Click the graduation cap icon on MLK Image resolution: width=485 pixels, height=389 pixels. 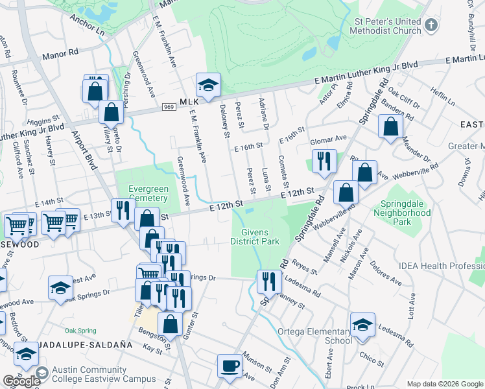click(208, 85)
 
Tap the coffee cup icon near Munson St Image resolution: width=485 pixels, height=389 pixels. click(230, 366)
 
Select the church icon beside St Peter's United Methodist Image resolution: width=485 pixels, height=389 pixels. click(431, 27)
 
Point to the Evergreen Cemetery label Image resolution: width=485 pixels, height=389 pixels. click(148, 194)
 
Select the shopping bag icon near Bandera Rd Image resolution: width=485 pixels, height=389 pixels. click(390, 128)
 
